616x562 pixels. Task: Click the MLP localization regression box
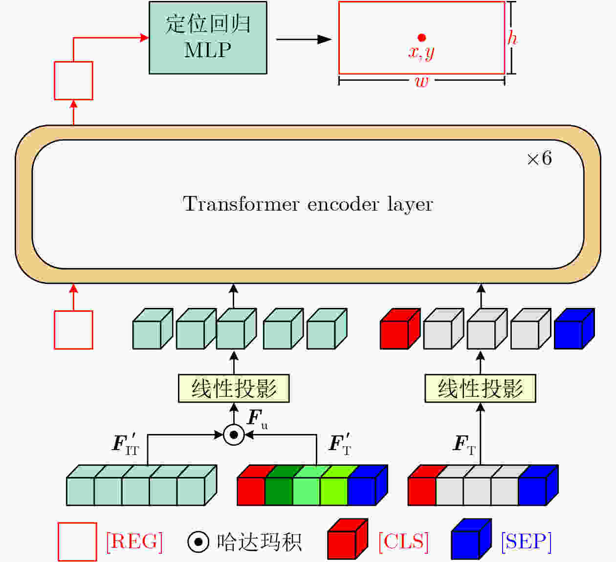tap(208, 38)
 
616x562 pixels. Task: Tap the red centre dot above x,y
tap(421, 38)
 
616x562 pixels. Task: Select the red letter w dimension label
tap(421, 82)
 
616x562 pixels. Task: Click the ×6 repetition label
tap(540, 158)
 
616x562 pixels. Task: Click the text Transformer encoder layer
tap(308, 204)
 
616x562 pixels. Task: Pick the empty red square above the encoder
tap(73, 81)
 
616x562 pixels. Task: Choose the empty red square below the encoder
tap(73, 330)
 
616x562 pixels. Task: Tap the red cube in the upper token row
tap(400, 329)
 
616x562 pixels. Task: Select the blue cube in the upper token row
tap(574, 329)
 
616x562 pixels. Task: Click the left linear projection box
tap(234, 388)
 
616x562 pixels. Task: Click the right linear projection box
tap(480, 388)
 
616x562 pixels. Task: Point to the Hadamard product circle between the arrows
tap(234, 434)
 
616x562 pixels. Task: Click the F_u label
tap(257, 419)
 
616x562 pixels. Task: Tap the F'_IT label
tap(126, 444)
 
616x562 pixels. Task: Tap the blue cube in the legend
tap(471, 539)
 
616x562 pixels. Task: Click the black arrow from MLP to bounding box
tap(304, 39)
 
